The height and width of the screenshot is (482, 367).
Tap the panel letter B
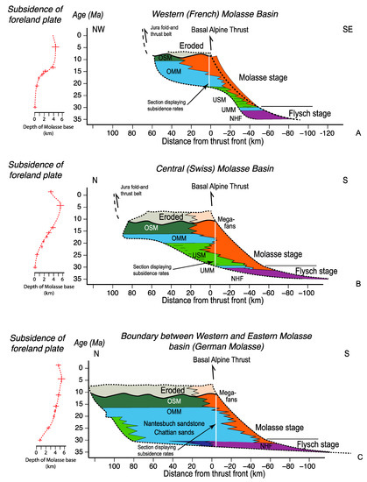pyautogui.click(x=358, y=284)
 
